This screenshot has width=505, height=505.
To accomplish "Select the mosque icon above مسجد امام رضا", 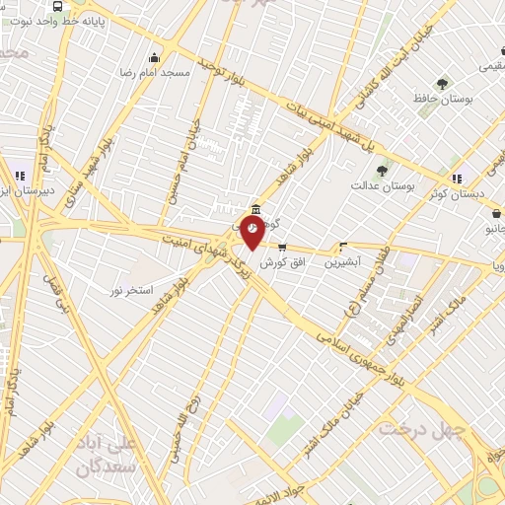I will [x=153, y=57].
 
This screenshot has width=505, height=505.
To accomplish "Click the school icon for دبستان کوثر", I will [x=457, y=179].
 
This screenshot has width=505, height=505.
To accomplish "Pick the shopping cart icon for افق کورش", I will [x=283, y=248].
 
